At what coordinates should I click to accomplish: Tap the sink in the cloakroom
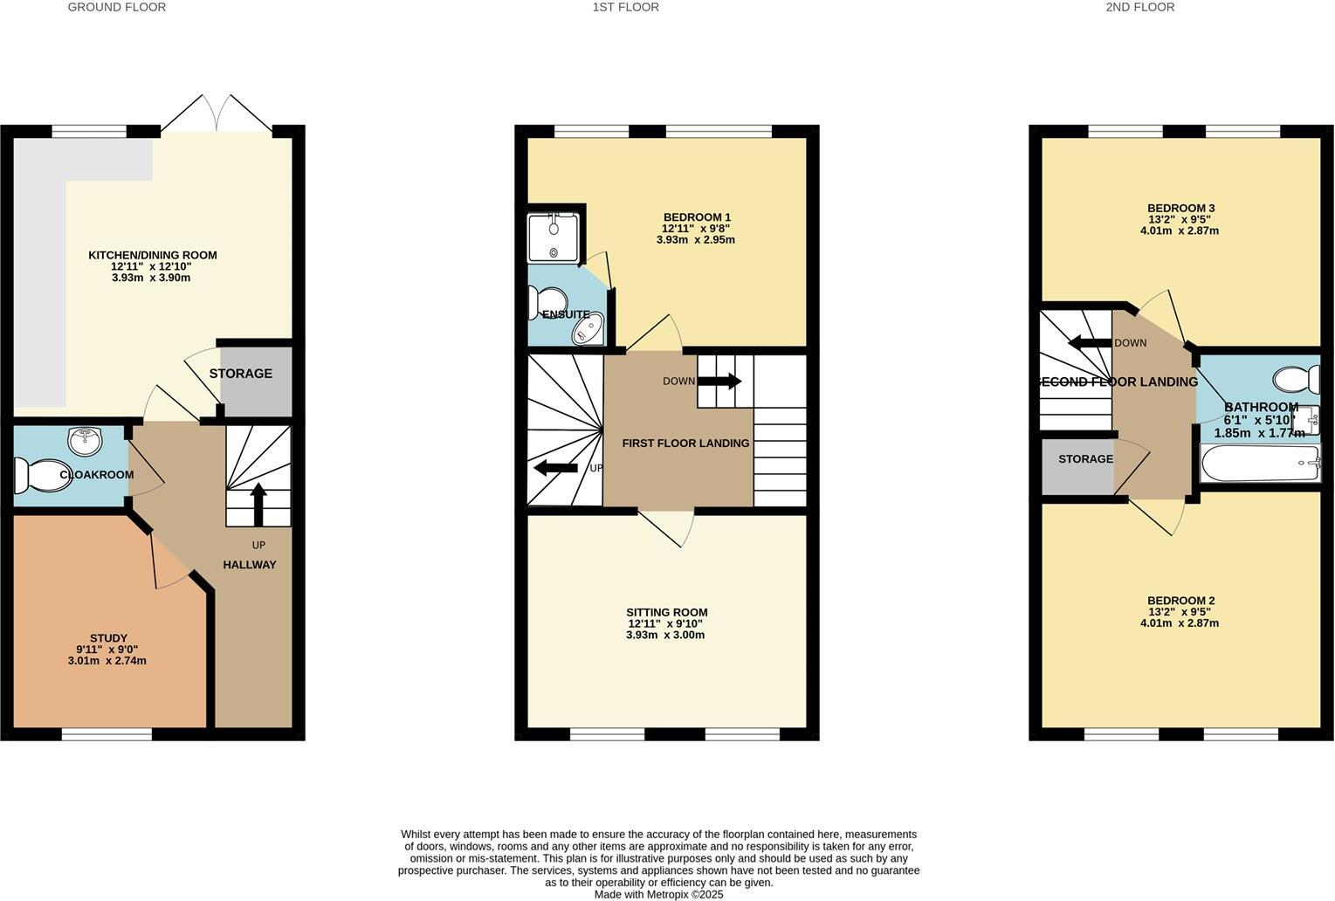tap(85, 441)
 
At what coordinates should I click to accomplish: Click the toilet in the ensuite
tap(535, 304)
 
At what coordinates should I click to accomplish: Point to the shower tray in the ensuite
tap(554, 237)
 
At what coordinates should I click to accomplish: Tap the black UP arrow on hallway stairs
tap(258, 504)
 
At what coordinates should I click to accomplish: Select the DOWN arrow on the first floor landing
tap(719, 382)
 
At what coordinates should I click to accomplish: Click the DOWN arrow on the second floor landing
tap(1089, 342)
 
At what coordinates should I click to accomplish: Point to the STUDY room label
tap(108, 638)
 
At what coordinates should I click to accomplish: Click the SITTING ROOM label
tap(667, 612)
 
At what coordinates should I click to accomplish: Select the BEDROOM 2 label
tap(1180, 601)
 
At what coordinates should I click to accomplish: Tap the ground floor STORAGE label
tap(241, 374)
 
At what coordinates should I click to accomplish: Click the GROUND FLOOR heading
tap(116, 7)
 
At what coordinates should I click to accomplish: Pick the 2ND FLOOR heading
tap(1139, 7)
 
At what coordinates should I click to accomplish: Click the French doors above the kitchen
tap(217, 113)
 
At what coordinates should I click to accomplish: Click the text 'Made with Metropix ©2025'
tap(658, 894)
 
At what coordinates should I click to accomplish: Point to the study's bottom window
tap(107, 734)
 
